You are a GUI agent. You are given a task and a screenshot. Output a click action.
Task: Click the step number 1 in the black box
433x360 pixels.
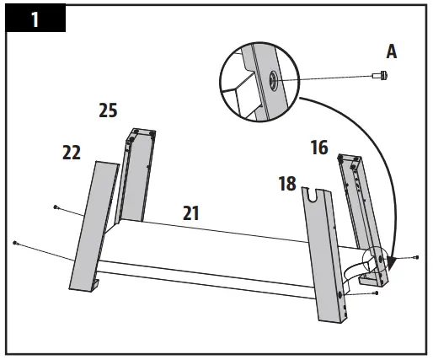35,19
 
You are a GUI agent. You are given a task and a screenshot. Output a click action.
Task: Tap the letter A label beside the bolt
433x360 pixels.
391,51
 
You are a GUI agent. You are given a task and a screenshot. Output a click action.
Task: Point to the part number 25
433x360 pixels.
107,110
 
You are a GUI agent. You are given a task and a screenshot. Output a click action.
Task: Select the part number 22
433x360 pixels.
72,152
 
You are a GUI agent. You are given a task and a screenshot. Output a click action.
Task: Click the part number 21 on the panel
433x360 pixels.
191,213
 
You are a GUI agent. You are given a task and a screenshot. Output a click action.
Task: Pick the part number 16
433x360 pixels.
318,148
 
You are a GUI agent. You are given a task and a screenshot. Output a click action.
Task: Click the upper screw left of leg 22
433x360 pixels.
56,206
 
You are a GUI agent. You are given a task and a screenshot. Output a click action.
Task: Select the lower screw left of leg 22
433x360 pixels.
16,243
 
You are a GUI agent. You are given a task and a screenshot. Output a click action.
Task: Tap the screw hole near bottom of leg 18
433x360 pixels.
340,293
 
